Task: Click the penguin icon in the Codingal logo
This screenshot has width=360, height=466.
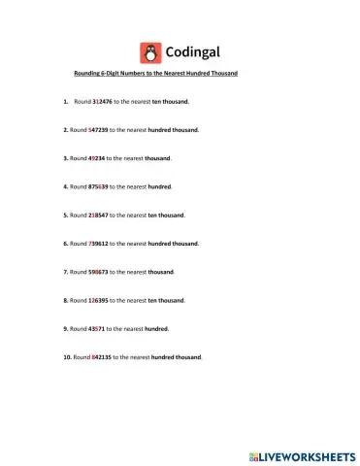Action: [x=150, y=52]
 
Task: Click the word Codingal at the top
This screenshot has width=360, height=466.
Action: [x=194, y=52]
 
